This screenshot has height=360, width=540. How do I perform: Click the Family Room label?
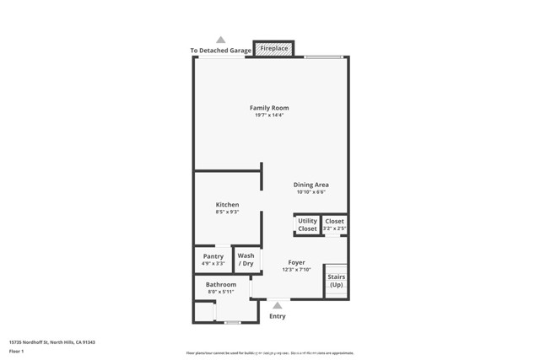tap(269, 108)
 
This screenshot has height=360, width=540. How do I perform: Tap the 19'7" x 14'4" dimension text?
tap(269, 116)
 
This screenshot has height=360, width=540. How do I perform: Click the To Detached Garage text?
tap(220, 51)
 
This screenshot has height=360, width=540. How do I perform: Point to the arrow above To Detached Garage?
tap(221, 40)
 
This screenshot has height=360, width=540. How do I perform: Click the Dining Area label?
tap(310, 185)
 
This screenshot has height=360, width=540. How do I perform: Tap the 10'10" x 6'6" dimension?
tap(310, 192)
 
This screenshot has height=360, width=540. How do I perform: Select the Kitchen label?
tap(227, 205)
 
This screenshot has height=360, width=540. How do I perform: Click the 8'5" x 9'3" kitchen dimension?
tap(227, 212)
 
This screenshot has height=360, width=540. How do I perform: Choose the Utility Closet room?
tap(307, 225)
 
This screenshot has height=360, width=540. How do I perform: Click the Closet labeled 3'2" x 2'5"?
tap(335, 224)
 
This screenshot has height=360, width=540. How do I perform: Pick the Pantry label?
tap(213, 256)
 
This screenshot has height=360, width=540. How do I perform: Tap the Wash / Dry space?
tap(246, 260)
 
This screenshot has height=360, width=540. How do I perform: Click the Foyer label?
tap(296, 262)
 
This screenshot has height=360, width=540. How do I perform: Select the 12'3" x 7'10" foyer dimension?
tap(296, 270)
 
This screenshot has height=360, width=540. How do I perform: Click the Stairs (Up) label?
tap(336, 281)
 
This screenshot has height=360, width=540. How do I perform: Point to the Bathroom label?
tap(221, 284)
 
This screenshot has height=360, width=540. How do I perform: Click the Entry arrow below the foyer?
tap(277, 306)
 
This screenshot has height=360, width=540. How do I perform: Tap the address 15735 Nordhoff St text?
tap(51, 342)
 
